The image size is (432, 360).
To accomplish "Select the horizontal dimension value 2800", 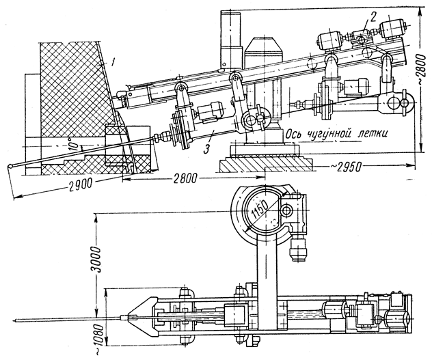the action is [185, 179].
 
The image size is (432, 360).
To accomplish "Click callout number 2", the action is [373, 17].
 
